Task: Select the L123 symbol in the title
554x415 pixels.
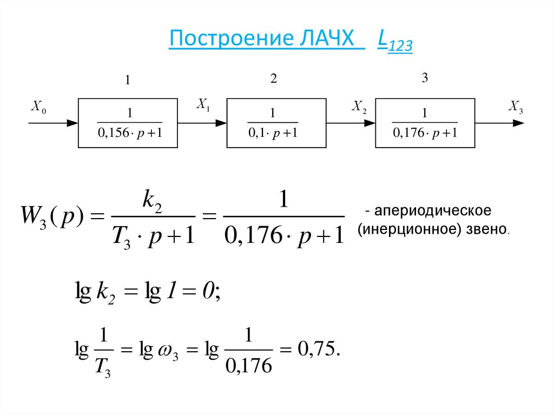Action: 395,43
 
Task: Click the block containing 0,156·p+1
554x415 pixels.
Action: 128,123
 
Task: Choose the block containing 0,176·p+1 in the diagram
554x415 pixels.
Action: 425,123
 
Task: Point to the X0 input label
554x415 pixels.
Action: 38,108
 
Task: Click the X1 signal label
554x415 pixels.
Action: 203,104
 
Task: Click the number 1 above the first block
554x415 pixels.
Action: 128,81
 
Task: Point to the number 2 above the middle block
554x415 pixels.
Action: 274,79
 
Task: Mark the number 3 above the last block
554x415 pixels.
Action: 425,78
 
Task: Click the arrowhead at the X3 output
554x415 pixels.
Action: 518,123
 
